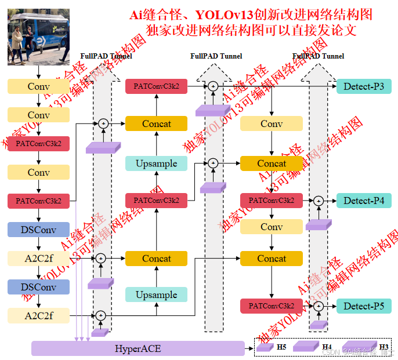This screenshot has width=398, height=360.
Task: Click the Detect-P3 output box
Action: click(x=364, y=87)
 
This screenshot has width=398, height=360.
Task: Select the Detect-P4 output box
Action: click(x=364, y=201)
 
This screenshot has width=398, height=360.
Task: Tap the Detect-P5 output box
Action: click(x=364, y=306)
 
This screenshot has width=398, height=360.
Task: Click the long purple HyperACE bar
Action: click(x=138, y=348)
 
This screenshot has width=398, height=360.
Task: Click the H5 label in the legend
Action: click(x=281, y=347)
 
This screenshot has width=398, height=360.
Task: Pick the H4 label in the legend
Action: click(x=327, y=347)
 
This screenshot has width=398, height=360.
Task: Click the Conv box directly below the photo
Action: click(x=38, y=87)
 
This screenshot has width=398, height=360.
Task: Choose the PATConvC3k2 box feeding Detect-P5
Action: click(x=272, y=306)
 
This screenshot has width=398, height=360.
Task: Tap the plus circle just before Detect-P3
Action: click(x=213, y=86)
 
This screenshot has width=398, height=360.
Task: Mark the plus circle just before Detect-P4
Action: click(x=318, y=201)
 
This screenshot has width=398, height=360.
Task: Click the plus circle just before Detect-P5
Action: click(x=318, y=306)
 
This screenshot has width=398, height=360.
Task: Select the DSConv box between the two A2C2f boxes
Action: click(x=38, y=287)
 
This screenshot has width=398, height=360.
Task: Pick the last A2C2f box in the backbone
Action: click(x=38, y=315)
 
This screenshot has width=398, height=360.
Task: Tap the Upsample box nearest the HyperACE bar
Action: click(x=157, y=294)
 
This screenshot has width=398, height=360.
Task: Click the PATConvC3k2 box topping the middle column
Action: click(x=157, y=86)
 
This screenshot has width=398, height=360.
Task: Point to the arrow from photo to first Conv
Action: click(x=38, y=72)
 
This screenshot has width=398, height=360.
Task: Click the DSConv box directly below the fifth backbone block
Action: click(x=38, y=230)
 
